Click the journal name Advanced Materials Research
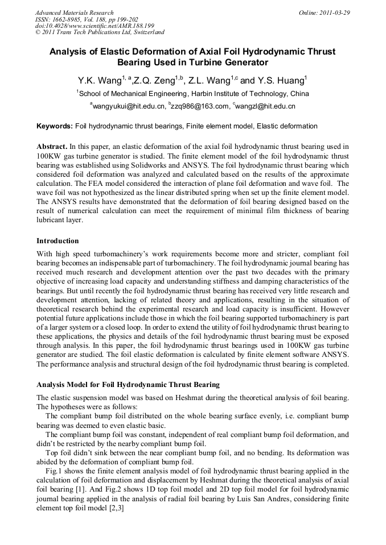coord(74,13)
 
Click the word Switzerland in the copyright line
coord(144,33)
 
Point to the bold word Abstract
coord(52,147)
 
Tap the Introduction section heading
coord(58,241)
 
